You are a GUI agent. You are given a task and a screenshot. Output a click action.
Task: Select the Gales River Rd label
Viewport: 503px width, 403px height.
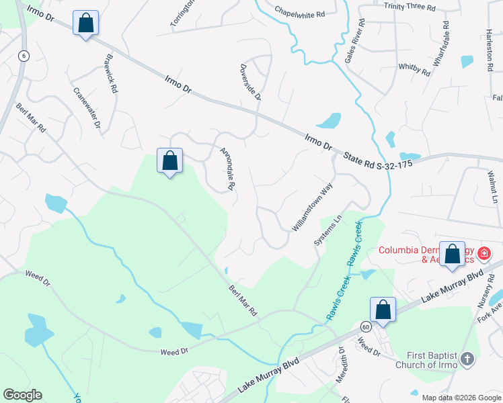355,41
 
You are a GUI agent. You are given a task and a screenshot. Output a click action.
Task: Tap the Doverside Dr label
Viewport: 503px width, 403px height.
250,82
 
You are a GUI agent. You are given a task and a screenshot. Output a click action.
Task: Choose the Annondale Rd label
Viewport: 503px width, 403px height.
227,167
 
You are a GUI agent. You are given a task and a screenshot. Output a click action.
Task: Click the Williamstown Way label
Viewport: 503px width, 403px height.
313,208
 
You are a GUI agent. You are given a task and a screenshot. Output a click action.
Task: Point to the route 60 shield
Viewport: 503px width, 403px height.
365,326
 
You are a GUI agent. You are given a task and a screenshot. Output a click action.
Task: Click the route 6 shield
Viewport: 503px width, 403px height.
24,56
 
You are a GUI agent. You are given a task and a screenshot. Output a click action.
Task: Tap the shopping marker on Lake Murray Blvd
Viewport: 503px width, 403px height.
383,310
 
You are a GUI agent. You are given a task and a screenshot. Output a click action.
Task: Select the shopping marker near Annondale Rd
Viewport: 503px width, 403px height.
170,161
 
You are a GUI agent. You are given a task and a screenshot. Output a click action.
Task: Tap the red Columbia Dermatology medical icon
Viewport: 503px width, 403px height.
483,255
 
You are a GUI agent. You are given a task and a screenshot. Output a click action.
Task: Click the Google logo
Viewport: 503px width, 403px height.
22,395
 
